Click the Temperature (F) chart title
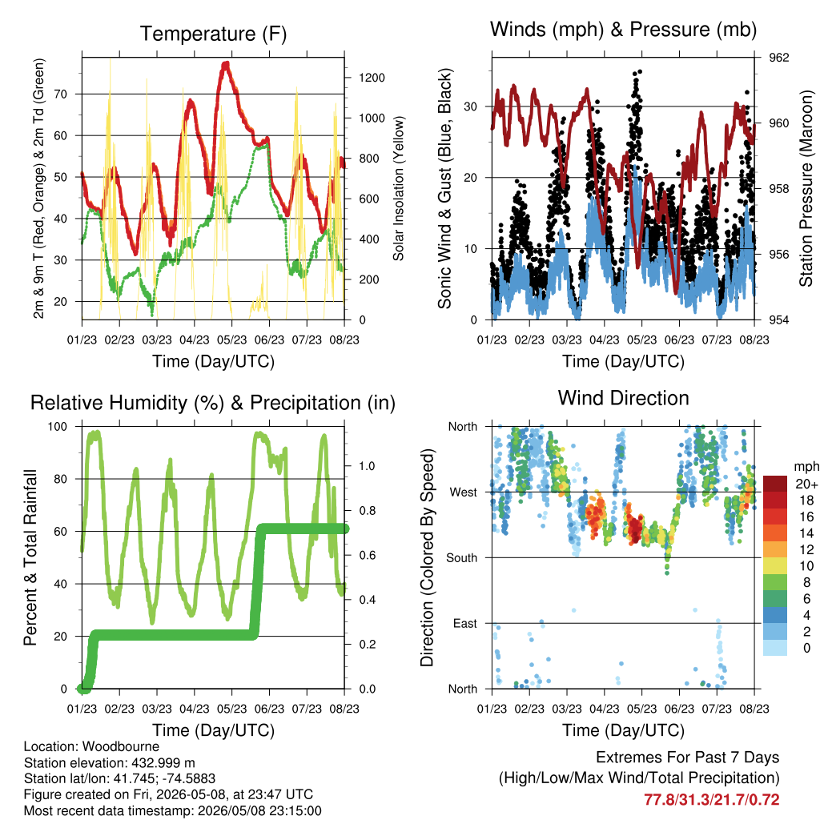[213, 34]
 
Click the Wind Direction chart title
[623, 398]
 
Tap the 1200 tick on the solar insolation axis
[372, 78]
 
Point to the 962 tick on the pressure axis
[778, 58]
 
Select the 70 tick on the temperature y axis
[61, 94]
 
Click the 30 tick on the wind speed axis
[471, 107]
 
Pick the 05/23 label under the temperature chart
[231, 340]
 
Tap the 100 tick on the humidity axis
[58, 427]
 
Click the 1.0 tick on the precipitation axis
[367, 466]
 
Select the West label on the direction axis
[464, 492]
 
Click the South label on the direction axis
[462, 558]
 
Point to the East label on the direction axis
[465, 623]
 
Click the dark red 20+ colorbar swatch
[775, 484]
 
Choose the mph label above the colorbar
[806, 467]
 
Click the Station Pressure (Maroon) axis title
[806, 188]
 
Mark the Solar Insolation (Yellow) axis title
[399, 188]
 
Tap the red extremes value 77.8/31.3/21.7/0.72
[712, 800]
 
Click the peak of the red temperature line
[226, 63]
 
